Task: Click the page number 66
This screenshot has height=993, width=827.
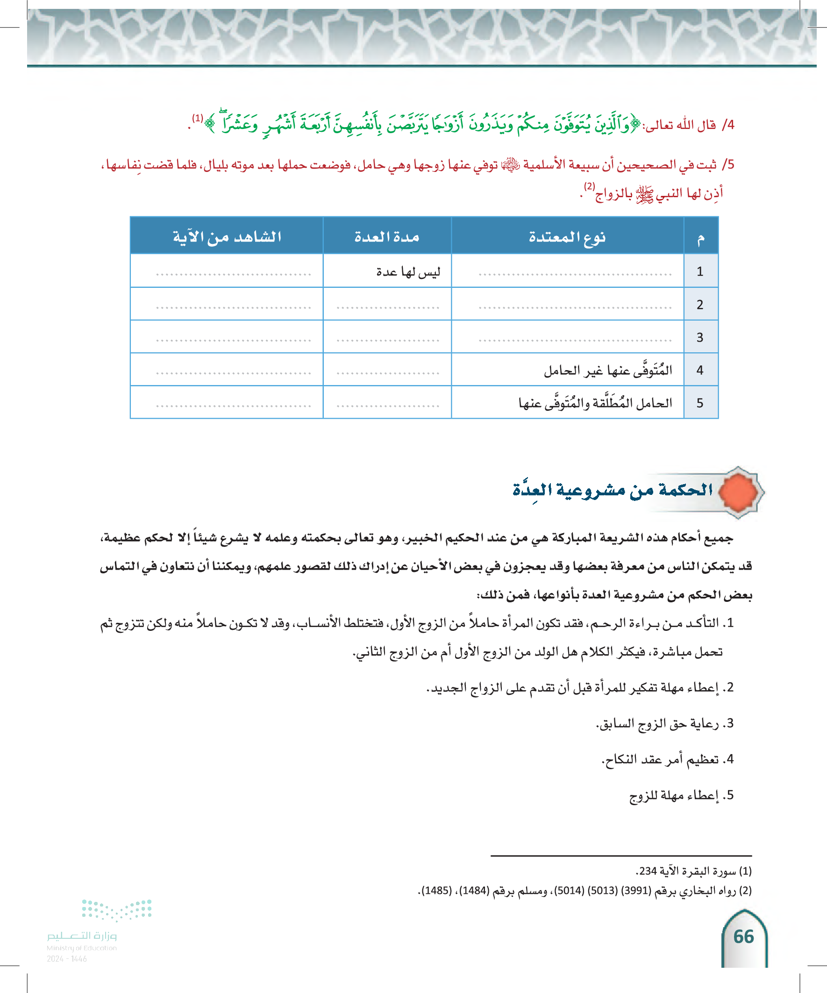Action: pos(743,937)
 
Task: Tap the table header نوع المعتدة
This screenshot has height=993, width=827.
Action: pos(567,236)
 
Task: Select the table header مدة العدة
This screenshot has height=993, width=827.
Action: pos(387,236)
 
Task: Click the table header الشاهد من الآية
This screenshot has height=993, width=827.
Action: pos(227,236)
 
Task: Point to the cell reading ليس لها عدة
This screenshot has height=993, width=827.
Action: pos(407,271)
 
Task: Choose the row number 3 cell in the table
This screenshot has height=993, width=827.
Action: pos(700,337)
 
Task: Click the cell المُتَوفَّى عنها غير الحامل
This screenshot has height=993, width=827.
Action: pos(607,370)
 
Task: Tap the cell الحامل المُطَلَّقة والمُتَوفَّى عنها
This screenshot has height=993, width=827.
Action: pos(595,403)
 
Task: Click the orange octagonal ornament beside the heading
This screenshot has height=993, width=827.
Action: pos(739,492)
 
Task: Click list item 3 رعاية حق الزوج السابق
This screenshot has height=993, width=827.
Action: pos(664,723)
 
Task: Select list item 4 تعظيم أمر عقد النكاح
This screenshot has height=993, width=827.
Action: pos(667,759)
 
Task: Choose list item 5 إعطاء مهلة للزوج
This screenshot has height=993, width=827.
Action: pos(681,795)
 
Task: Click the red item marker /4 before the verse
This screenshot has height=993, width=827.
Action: pos(727,125)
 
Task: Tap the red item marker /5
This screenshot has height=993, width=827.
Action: pos(727,164)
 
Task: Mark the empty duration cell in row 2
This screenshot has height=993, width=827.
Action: pos(387,305)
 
